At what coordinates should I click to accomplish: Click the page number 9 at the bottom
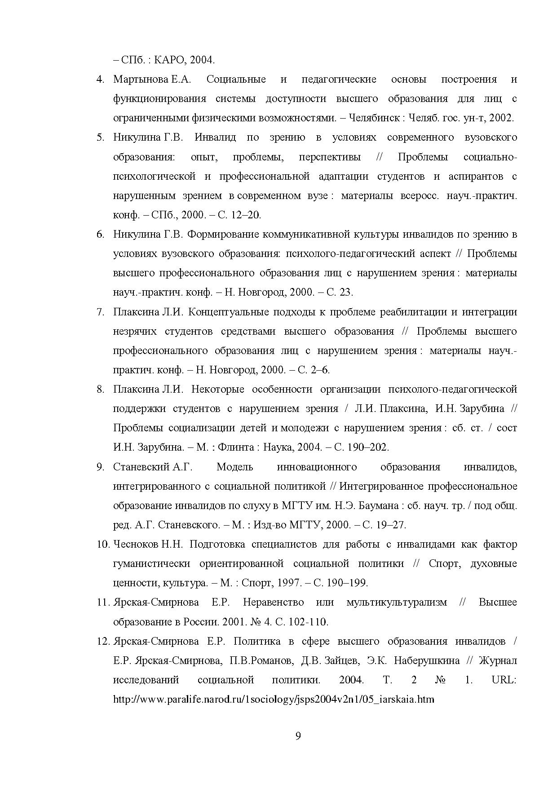(x=298, y=736)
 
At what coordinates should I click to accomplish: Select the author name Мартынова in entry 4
(x=141, y=80)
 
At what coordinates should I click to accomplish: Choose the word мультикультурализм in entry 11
(x=397, y=602)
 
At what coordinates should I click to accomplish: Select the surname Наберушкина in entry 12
(x=427, y=661)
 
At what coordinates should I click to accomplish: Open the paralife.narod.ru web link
(x=274, y=699)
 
